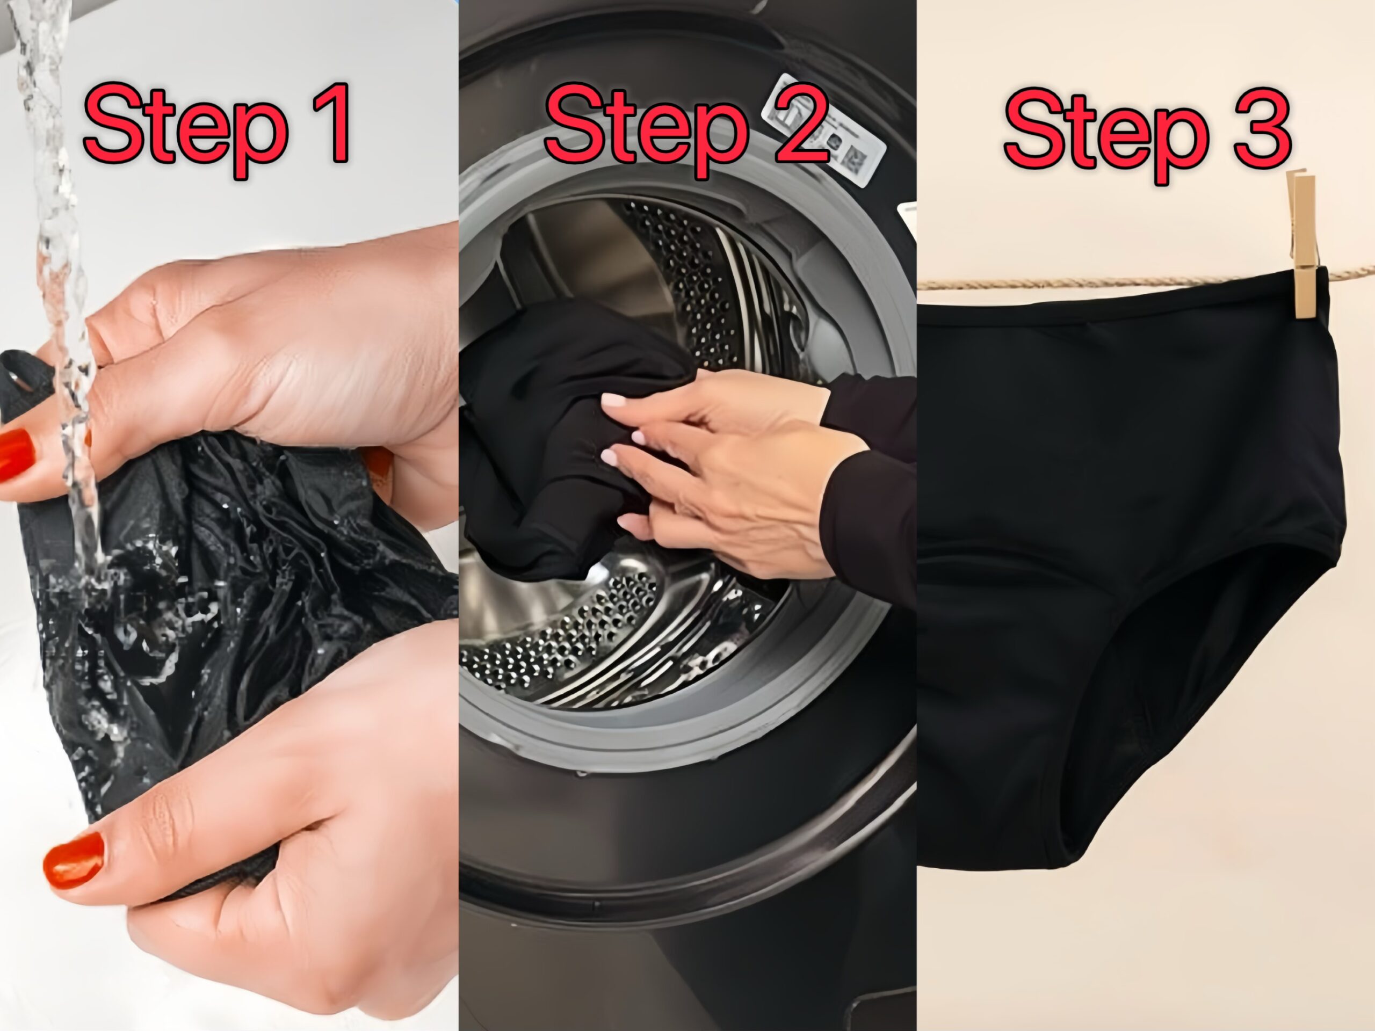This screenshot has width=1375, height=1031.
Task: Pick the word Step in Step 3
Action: pyautogui.click(x=1106, y=133)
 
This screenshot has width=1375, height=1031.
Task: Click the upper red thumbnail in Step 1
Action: pyautogui.click(x=16, y=454)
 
